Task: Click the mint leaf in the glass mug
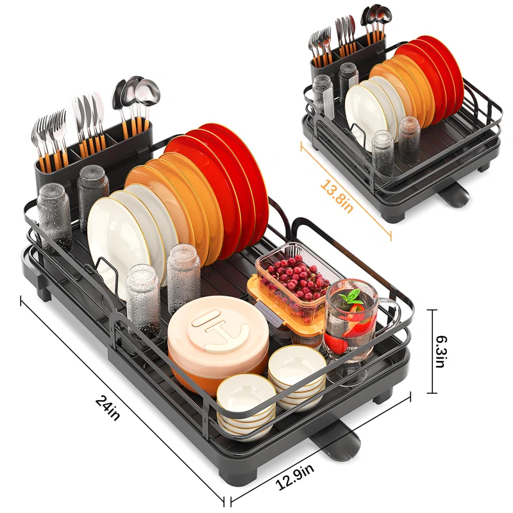[x=352, y=297]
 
